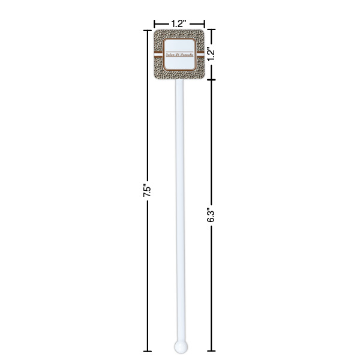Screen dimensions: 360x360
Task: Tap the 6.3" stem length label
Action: point(211,215)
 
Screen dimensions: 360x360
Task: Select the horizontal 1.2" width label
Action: point(178,23)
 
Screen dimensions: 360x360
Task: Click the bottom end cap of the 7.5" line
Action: point(147,350)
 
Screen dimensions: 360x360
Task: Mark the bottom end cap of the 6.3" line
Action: point(211,350)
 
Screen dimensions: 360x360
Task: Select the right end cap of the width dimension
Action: point(205,24)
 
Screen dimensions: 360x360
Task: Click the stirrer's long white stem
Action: point(179,210)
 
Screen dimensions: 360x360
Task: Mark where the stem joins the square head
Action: point(179,82)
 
